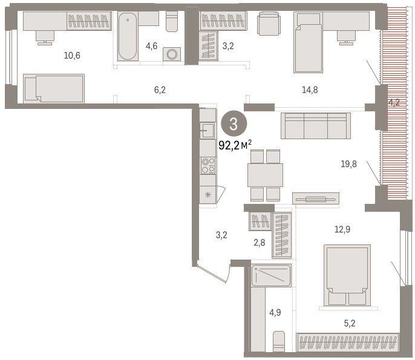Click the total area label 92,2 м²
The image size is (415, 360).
[x=235, y=145]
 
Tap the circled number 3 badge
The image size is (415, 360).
[x=234, y=124]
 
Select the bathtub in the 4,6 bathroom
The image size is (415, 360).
[x=128, y=36]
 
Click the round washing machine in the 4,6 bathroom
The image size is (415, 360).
[x=172, y=54]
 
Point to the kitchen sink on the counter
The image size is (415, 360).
[x=208, y=131]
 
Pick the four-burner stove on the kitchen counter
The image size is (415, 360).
[x=208, y=166]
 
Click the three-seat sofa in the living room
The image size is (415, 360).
[x=316, y=126]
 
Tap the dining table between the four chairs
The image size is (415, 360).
[x=265, y=175]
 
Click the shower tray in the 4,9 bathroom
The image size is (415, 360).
[x=271, y=275]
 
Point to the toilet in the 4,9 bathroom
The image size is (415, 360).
[x=279, y=341]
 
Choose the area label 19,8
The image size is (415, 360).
[x=348, y=164]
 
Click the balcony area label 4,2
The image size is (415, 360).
[x=394, y=102]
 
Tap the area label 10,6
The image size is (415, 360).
[x=72, y=56]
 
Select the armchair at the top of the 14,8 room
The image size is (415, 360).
[x=269, y=24]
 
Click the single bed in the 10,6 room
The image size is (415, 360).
[x=54, y=89]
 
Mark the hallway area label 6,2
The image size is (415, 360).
[x=160, y=90]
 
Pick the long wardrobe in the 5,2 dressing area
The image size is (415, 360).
[x=348, y=342]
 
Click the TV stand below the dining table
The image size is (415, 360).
[x=316, y=198]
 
